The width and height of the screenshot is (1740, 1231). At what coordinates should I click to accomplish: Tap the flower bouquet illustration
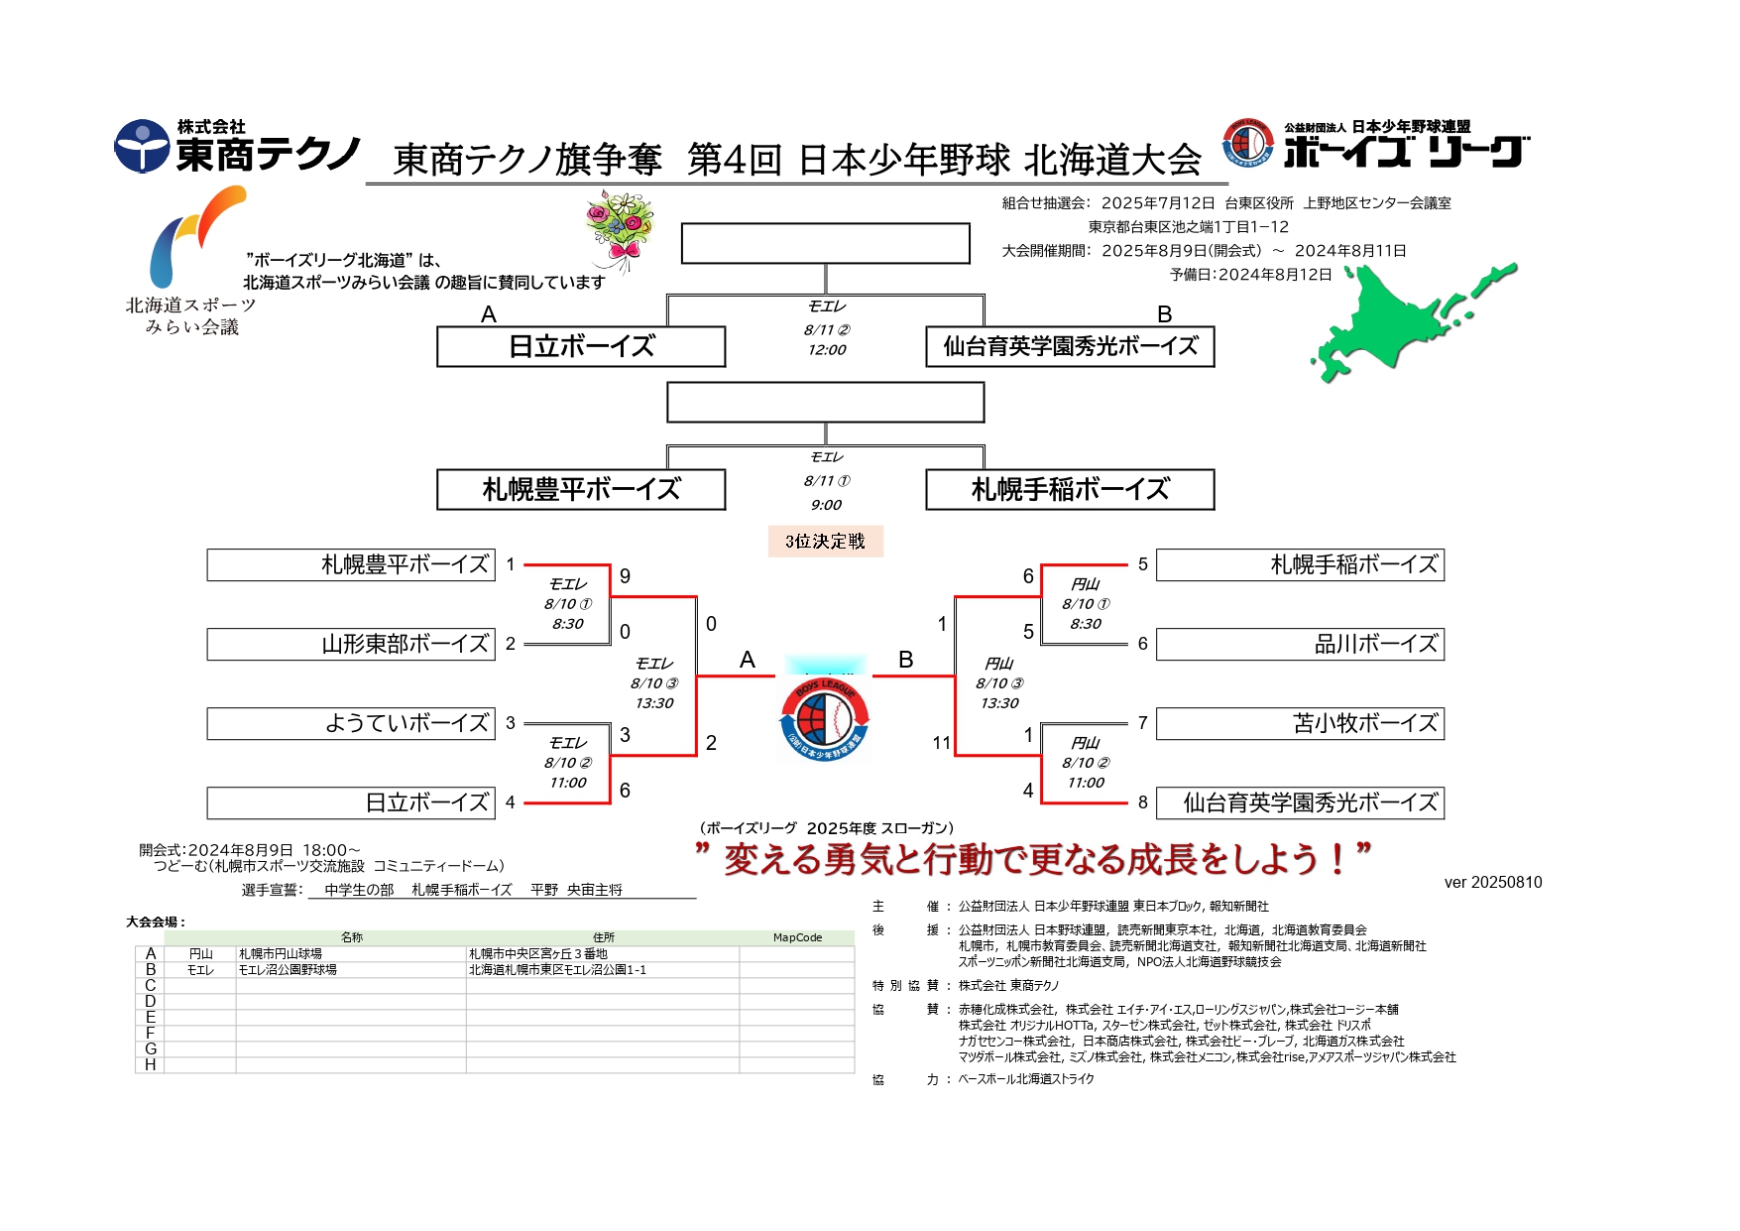620,229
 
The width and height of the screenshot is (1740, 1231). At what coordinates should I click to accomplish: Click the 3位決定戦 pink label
825,542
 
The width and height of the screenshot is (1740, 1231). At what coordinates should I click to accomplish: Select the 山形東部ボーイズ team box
351,644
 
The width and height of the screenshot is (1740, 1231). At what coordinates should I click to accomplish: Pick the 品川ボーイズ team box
1300,644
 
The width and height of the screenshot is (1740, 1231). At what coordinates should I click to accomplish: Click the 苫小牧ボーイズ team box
1300,723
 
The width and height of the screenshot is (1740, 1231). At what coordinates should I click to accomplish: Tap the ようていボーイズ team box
351,723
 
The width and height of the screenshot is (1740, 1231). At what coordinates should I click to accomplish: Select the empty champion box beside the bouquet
825,243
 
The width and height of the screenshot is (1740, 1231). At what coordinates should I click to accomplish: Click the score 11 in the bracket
941,743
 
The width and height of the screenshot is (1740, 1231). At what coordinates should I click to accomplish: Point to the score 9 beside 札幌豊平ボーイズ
625,576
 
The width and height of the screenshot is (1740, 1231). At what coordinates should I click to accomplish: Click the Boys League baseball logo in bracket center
825,716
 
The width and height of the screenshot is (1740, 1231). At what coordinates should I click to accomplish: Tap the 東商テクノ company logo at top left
238,147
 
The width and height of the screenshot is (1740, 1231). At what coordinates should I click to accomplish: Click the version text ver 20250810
1492,883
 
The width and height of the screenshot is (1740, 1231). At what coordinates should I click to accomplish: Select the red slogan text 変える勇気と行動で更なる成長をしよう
1032,859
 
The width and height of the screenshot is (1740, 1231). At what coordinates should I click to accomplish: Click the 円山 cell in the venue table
200,954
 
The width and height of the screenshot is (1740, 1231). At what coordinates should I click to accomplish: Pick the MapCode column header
797,937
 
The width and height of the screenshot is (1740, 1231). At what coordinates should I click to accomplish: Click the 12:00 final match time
826,350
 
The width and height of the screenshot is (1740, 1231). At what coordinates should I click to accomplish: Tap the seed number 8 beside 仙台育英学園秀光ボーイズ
1142,802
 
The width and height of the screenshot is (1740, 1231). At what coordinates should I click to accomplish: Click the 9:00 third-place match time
825,505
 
